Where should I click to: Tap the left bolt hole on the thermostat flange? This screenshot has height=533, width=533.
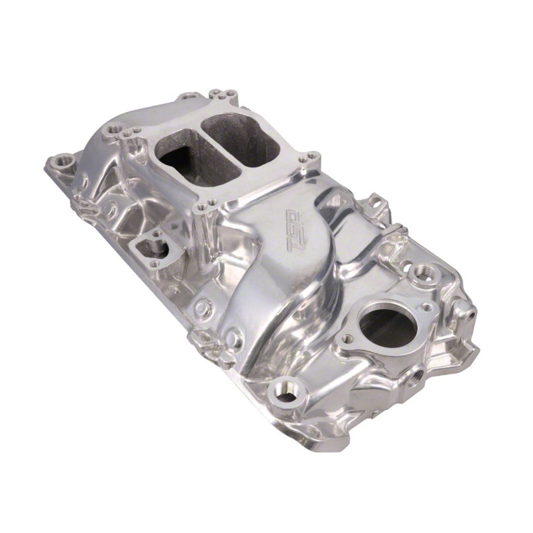(347, 338)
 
